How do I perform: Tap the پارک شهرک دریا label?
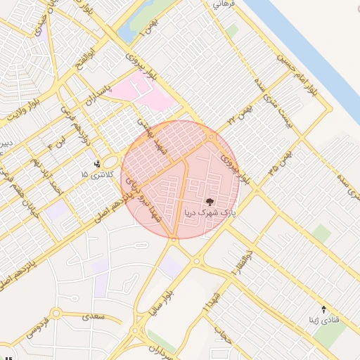click(210, 211)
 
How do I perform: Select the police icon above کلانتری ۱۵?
click(97, 165)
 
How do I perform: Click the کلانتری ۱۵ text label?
click(95, 174)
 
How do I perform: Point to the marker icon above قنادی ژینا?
click(323, 309)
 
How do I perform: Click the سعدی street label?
click(93, 316)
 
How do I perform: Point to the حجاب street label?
click(226, 340)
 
